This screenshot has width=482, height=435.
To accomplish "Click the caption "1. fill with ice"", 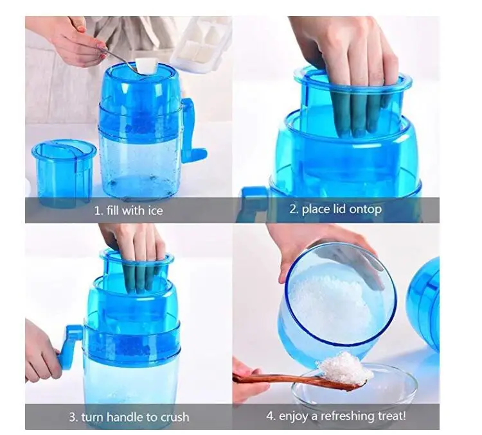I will [x=129, y=210].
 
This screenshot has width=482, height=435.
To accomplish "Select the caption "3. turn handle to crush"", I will [x=129, y=417].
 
